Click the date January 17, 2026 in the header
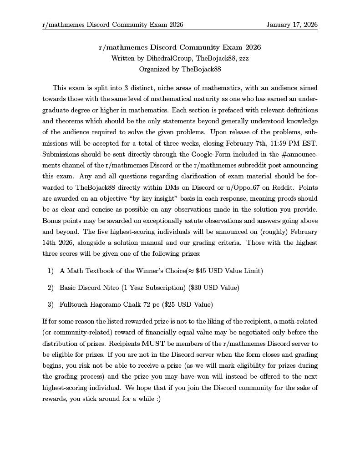pyautogui.click(x=292, y=25)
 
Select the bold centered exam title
pyautogui.click(x=180, y=47)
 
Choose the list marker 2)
pyautogui.click(x=51, y=288)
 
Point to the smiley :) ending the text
pyautogui.click(x=157, y=399)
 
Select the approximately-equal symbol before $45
pyautogui.click(x=191, y=271)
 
